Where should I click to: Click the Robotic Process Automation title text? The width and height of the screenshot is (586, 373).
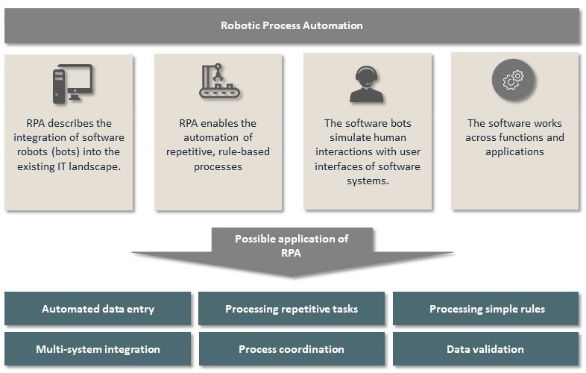[x=292, y=25]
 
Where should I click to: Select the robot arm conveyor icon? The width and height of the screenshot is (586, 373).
[x=219, y=81]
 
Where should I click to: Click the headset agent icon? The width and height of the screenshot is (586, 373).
[x=366, y=84]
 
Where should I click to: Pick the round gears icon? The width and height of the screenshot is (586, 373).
[x=513, y=81]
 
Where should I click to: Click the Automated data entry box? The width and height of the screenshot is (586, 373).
[x=98, y=309]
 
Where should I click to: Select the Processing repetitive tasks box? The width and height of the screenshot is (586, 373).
[x=292, y=309]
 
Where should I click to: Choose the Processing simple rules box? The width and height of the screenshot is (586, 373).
[x=487, y=309]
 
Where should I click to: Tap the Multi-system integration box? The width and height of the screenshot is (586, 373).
[x=98, y=349]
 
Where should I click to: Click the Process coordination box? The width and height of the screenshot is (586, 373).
[x=292, y=349]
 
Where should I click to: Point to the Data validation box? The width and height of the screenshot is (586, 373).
[x=485, y=349]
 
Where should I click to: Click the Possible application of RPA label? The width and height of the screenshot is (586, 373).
[x=292, y=245]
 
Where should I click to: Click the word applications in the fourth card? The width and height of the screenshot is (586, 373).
[x=514, y=151]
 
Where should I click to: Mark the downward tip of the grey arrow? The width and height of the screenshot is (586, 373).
[x=292, y=276]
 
